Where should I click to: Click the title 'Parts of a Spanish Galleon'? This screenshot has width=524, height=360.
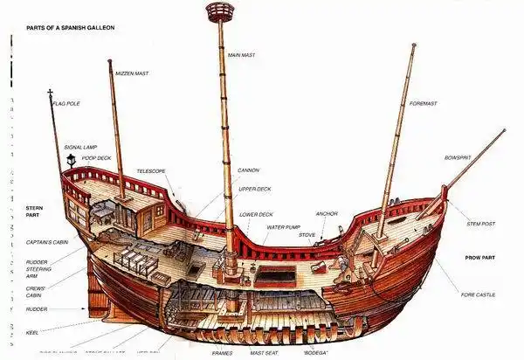pos(70,28)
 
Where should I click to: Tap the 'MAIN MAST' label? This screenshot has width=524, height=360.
pos(243,55)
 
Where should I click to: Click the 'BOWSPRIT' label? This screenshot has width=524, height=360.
pos(457,157)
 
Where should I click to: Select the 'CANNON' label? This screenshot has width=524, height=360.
pos(248,170)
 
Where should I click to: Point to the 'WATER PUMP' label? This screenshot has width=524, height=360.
pos(283,227)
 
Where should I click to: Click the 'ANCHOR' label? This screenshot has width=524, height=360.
pos(327,213)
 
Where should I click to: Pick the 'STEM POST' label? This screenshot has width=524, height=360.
pos(481,225)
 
